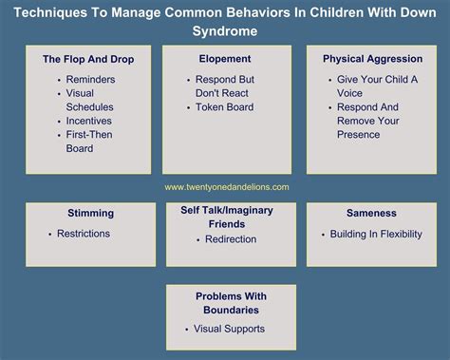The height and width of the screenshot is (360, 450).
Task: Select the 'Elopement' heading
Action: (225, 59)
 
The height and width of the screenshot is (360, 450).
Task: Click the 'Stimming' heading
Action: (91, 214)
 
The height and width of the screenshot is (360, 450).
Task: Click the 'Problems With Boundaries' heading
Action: (231, 302)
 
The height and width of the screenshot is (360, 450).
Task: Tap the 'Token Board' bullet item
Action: (224, 108)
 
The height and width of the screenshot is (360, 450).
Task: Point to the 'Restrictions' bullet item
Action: (84, 234)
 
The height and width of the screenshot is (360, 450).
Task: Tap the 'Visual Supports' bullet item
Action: (229, 330)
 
